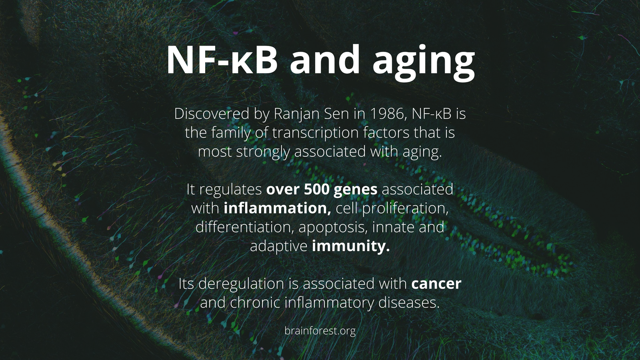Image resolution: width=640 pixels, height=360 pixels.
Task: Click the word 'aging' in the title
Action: click(424, 63)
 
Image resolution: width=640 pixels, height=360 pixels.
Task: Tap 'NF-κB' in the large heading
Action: click(222, 60)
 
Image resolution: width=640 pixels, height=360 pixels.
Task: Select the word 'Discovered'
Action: click(212, 114)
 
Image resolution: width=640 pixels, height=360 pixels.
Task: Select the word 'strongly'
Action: click(263, 152)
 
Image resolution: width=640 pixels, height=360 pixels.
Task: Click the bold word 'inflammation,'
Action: click(277, 208)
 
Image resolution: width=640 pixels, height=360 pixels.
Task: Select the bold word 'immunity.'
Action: click(351, 246)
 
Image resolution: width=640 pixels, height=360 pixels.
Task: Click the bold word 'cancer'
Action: click(436, 284)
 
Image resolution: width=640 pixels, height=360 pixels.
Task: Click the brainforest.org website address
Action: click(320, 331)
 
